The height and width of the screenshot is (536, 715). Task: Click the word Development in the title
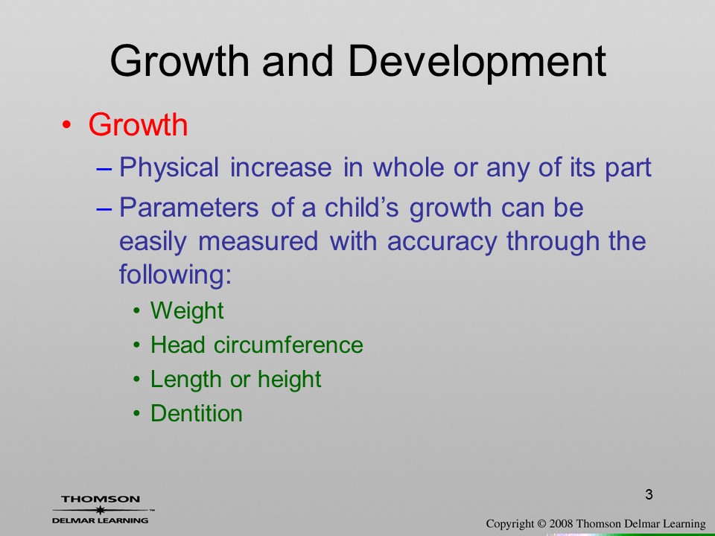(x=477, y=63)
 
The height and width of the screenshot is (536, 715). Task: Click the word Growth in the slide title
(x=179, y=61)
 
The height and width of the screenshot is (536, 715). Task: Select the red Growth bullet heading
(x=138, y=124)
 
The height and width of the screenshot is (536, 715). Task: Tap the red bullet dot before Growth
(x=66, y=124)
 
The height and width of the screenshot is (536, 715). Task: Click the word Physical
(x=169, y=167)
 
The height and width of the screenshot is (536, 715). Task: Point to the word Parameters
(x=188, y=208)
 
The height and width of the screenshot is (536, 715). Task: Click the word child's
(x=362, y=208)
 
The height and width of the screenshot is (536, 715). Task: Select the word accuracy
(x=442, y=241)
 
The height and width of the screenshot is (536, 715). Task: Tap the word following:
(x=176, y=275)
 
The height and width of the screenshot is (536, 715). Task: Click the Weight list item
(x=187, y=311)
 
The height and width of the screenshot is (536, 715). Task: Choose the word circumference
(x=288, y=345)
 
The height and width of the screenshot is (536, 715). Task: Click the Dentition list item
(x=197, y=413)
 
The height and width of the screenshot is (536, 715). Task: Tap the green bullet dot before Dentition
(x=137, y=413)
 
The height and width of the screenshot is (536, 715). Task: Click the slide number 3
(x=649, y=494)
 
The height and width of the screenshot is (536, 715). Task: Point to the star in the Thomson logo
(x=101, y=510)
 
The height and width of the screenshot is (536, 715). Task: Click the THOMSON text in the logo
(x=101, y=499)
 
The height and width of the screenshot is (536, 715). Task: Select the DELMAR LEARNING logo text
(x=101, y=520)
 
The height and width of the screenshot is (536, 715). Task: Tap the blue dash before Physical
(x=104, y=169)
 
